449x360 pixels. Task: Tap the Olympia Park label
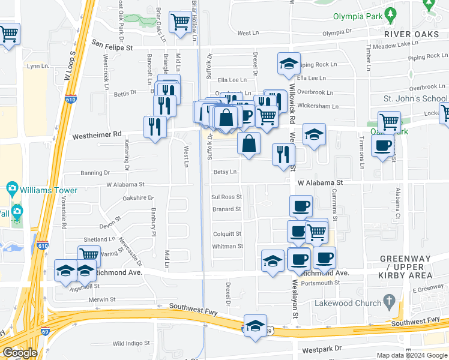pyautogui.click(x=357, y=16)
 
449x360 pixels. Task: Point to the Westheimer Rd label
pyautogui.click(x=97, y=136)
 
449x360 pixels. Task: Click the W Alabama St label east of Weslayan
pyautogui.click(x=319, y=182)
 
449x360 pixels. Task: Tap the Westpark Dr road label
pyautogui.click(x=322, y=349)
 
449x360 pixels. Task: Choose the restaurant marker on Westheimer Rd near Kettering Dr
pyautogui.click(x=155, y=127)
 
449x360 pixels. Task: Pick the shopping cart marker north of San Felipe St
pyautogui.click(x=180, y=23)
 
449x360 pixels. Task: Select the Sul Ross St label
pyautogui.click(x=226, y=197)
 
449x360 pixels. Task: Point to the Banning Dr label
pyautogui.click(x=95, y=174)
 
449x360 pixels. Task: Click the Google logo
pyautogui.click(x=20, y=353)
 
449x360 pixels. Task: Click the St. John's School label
pyautogui.click(x=416, y=98)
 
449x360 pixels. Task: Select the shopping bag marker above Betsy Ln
pyautogui.click(x=249, y=143)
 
